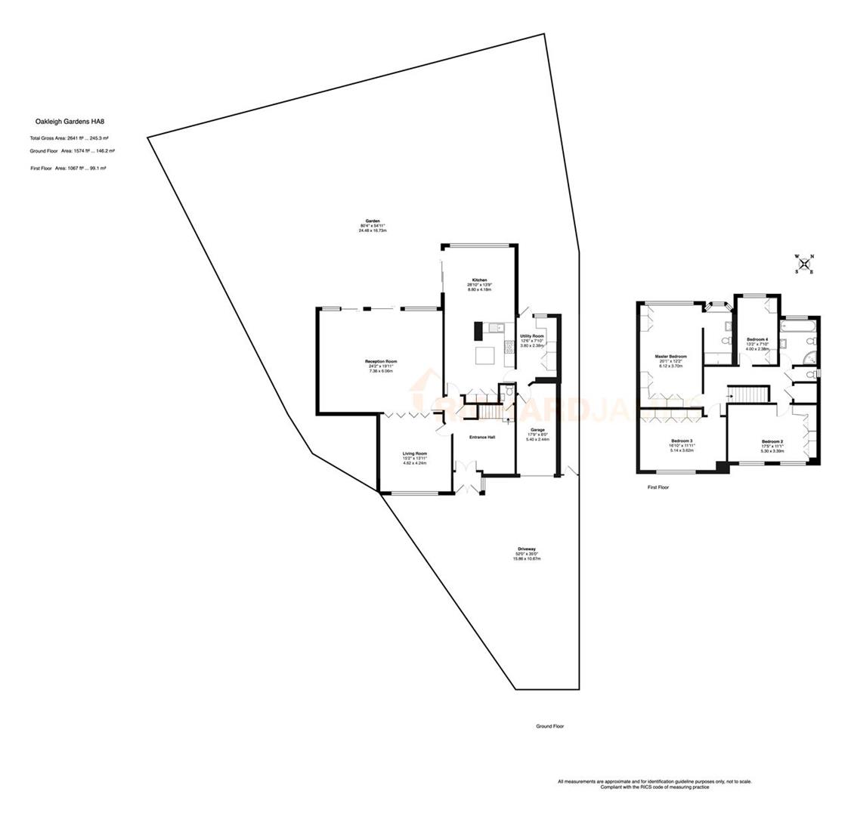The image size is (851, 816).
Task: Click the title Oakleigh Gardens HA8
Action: click(71, 121)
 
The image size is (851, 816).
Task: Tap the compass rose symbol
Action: click(804, 264)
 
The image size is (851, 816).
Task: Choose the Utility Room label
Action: click(532, 336)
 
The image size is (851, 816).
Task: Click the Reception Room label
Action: click(382, 362)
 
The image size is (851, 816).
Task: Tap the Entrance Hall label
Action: click(481, 437)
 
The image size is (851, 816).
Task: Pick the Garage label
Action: click(537, 430)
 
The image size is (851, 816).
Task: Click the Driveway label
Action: click(527, 549)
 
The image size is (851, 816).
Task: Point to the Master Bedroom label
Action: click(670, 356)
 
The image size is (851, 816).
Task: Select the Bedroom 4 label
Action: click(757, 339)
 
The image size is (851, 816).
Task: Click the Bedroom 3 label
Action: click(682, 440)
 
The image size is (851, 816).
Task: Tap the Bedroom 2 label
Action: click(772, 441)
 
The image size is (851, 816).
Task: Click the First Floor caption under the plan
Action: click(658, 487)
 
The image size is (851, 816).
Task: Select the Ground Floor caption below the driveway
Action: click(550, 726)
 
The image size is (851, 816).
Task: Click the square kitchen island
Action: click(484, 355)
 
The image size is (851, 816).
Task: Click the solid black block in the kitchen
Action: click(478, 331)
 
